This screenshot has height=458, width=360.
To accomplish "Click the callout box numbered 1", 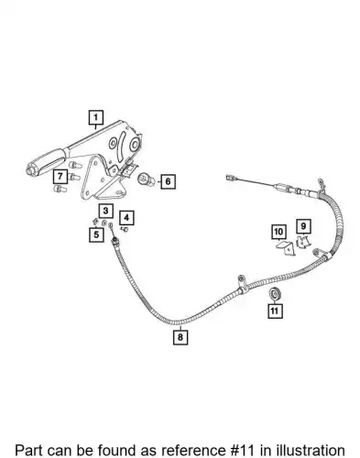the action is pos(96,117).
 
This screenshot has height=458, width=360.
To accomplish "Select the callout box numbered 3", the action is pos(105,211).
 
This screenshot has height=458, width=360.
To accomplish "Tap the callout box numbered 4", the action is pos(126,218).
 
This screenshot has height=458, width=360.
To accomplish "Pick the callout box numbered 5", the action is pos(96,234).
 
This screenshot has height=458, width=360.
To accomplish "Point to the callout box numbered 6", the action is pos(168,181).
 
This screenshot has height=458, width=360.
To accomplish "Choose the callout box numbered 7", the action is pos(60,177).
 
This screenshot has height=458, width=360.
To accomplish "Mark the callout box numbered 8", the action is pos(180,337).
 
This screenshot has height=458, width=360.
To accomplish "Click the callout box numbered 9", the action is pos(303,226).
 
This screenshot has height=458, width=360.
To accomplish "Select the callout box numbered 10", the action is pos(278,232).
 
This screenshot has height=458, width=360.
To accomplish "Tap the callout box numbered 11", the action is pos(275,311).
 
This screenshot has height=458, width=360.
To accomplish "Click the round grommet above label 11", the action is pos(275,294).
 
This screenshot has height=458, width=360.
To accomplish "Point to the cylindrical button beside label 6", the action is pos(146,180).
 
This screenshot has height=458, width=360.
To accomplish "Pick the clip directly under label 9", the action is pos(303,242).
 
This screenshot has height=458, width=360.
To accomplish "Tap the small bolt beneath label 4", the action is pos(125,229).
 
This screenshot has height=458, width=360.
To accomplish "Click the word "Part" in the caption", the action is pos(29,450).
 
